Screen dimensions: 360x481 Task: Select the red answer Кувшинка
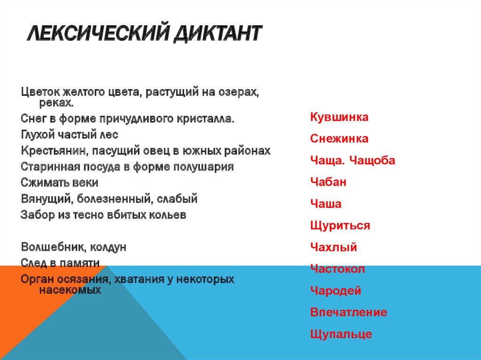[339, 117]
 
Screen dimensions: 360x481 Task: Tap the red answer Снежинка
[339, 139]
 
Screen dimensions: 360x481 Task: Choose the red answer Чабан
[328, 182]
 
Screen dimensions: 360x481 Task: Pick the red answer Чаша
[326, 204]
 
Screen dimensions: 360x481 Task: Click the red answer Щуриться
[340, 226]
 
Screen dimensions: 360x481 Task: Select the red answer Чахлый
[334, 247]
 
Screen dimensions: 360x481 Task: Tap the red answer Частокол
[337, 269]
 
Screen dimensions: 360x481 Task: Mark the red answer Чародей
[335, 291]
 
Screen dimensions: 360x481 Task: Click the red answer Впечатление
[349, 313]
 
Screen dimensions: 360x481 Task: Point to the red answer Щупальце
[341, 334]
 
